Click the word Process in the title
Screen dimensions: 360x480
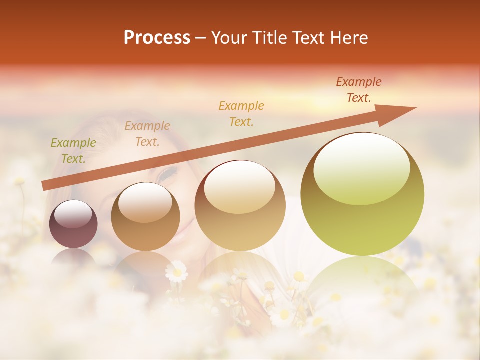(x=157, y=38)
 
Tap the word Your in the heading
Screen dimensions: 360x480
(x=230, y=38)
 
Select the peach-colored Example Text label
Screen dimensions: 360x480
(x=147, y=134)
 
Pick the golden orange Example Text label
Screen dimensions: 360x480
(x=241, y=113)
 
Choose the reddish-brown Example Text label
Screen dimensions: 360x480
(x=359, y=90)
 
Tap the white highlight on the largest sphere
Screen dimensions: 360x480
(x=361, y=167)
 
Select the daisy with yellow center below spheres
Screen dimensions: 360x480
(x=176, y=272)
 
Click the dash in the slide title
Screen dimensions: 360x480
(x=201, y=38)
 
